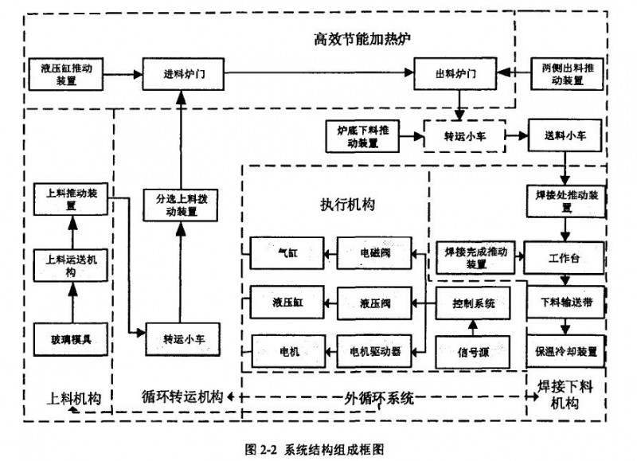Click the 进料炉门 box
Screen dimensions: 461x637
coord(184,74)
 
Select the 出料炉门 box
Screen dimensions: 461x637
coord(456,74)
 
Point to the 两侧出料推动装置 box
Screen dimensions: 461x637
coord(568,74)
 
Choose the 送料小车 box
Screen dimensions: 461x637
coord(565,136)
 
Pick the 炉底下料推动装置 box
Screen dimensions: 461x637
coord(363,136)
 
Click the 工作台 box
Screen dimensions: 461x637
coord(565,260)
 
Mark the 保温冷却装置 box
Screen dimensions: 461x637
coord(565,350)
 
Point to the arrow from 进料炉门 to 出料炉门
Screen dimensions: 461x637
coord(318,74)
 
